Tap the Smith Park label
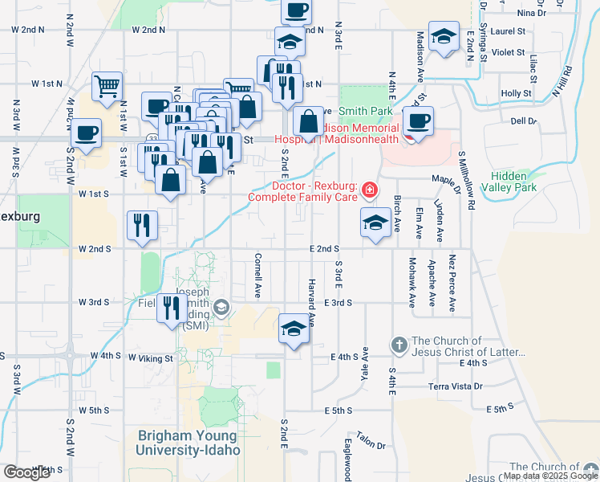point(365,111)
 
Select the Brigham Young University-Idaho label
point(189,443)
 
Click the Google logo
point(27,472)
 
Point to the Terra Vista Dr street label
point(455,386)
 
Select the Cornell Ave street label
point(258,272)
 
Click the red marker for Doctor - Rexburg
point(369,190)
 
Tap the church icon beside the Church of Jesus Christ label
point(399,345)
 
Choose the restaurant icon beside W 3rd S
point(171,308)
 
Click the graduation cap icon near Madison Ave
point(443,36)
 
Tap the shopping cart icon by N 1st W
point(107,86)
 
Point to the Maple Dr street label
point(443,178)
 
